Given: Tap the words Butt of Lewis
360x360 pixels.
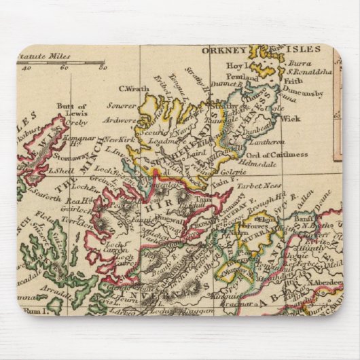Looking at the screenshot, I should click(72, 109).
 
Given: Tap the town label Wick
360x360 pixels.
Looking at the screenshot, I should click(290, 118).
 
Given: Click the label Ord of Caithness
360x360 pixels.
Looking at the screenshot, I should click(278, 154).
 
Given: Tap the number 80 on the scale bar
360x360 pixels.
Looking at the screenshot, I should click(102, 68).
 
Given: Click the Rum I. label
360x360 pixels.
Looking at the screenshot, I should click(33, 310).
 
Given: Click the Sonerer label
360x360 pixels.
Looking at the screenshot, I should click(120, 107).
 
